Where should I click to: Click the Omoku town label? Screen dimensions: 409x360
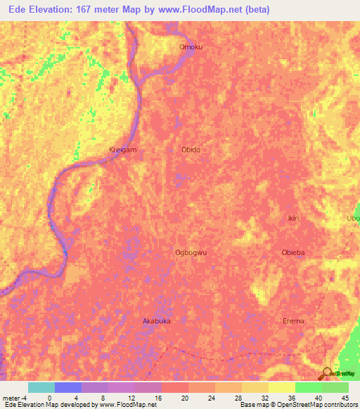tap(191, 47)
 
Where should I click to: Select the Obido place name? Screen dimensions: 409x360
tap(191, 150)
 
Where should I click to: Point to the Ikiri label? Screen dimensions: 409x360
tap(294, 219)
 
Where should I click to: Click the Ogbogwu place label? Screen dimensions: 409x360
tap(190, 252)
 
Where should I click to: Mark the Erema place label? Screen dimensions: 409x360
tap(293, 320)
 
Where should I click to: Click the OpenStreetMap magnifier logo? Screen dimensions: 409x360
tap(328, 373)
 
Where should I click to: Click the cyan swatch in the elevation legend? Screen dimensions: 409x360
tap(41, 387)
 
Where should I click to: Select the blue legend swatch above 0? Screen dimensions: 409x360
tap(68, 387)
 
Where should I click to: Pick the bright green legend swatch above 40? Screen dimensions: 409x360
tap(308, 387)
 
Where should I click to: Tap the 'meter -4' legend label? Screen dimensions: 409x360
tap(15, 397)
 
